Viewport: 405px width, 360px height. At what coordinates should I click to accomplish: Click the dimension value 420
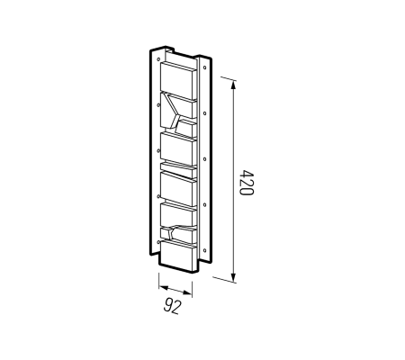[247, 183]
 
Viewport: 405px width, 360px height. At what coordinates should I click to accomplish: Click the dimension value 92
[173, 306]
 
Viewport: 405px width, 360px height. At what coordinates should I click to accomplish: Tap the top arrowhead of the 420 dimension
[234, 85]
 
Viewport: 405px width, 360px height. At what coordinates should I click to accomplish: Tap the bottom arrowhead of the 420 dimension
[234, 277]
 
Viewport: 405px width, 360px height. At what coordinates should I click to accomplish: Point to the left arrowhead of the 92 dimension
[163, 288]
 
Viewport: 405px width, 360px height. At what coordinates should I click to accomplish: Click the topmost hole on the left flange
[158, 59]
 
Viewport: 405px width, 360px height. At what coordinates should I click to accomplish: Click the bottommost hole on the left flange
[158, 241]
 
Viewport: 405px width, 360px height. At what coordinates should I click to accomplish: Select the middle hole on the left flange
[158, 150]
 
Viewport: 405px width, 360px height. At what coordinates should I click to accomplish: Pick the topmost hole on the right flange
[204, 67]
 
